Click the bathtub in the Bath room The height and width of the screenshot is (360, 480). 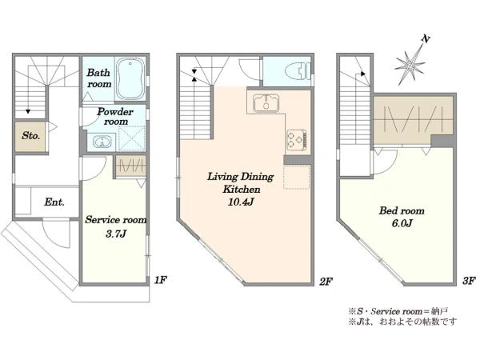(x=130, y=78)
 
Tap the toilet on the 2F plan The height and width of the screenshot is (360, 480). (x=298, y=71)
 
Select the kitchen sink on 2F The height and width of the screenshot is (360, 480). (x=266, y=102)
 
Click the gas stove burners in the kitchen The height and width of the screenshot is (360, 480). (x=296, y=139)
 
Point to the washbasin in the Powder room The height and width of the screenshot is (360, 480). (x=101, y=142)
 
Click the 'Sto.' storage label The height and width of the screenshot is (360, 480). (x=30, y=135)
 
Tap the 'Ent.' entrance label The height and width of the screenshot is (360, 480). (x=54, y=202)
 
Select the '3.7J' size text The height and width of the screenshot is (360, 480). (x=116, y=234)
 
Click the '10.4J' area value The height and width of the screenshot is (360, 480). (x=242, y=202)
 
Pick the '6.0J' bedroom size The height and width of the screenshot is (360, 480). (x=402, y=223)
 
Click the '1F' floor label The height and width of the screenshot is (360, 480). (x=160, y=279)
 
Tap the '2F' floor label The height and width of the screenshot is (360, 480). (x=326, y=281)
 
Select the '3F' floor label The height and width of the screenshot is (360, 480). (x=469, y=281)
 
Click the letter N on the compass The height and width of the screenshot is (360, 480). (x=426, y=39)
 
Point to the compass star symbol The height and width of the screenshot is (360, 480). (x=410, y=66)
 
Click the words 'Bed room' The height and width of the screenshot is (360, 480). (x=402, y=210)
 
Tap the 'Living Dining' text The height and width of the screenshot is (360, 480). (x=241, y=177)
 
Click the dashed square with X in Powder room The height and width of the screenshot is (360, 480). (x=132, y=138)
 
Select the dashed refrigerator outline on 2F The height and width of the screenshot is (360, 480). (x=296, y=177)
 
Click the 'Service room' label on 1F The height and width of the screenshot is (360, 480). (x=116, y=220)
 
